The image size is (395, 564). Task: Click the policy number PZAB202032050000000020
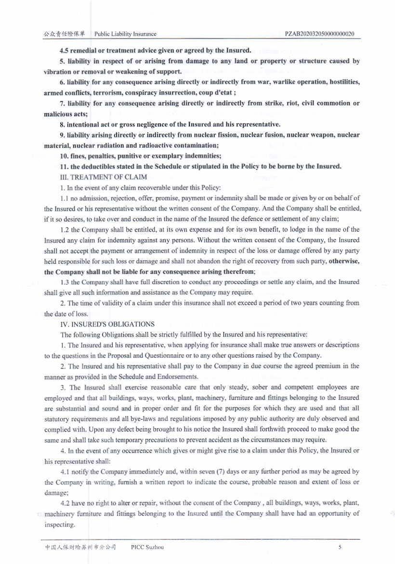[x=320, y=34]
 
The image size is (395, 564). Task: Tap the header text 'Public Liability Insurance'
[x=125, y=34]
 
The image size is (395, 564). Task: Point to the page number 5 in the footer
[x=340, y=547]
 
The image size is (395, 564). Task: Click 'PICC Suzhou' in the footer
[x=147, y=547]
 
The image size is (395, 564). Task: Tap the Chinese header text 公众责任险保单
[x=64, y=34]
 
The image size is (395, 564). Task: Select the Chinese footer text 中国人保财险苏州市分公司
[x=81, y=547]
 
